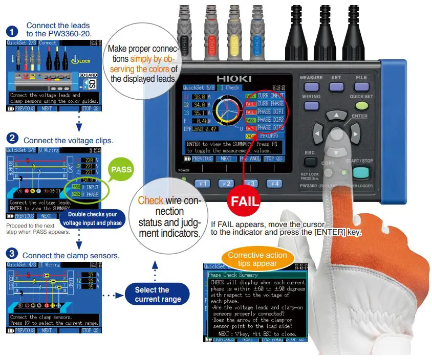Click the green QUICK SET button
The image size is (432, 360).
pos(362,106)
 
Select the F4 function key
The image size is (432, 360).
pos(275,183)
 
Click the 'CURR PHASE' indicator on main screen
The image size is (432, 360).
pos(270,104)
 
